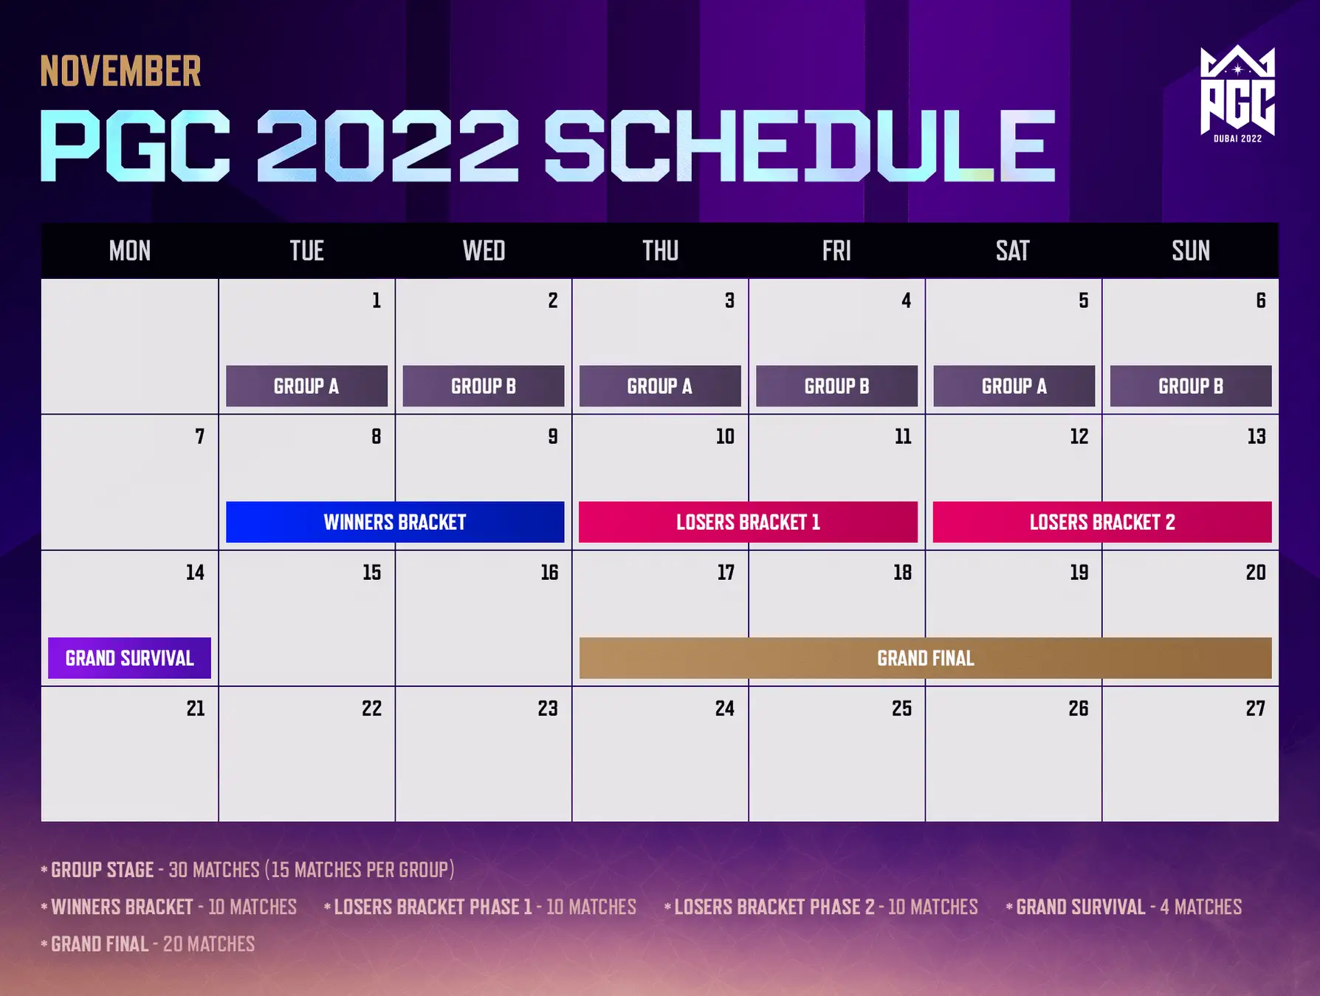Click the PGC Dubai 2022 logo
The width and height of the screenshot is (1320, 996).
[1237, 94]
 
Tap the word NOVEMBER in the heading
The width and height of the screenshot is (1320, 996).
[120, 72]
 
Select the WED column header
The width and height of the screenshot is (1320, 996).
[484, 251]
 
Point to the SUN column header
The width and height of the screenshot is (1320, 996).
[1191, 251]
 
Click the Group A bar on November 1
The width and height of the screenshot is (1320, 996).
[306, 386]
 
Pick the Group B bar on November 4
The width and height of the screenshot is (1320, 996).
[836, 386]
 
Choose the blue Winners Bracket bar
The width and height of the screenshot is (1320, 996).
[395, 522]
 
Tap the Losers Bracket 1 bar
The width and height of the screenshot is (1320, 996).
[748, 522]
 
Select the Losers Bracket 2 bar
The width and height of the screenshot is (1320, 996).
[1102, 522]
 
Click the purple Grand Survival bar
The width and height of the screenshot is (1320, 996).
[129, 658]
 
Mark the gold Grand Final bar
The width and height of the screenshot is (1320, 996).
[925, 658]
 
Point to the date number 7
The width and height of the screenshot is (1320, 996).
[199, 437]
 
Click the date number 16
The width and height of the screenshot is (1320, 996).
[549, 573]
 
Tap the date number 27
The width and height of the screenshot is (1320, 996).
[1256, 708]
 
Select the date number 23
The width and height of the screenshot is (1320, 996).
[548, 708]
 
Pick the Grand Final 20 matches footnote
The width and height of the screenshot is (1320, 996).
[148, 944]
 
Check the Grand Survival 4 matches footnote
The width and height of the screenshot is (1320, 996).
[1124, 907]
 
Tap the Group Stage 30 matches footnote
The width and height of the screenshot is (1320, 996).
[247, 870]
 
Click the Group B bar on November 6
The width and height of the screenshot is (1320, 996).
[1191, 386]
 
